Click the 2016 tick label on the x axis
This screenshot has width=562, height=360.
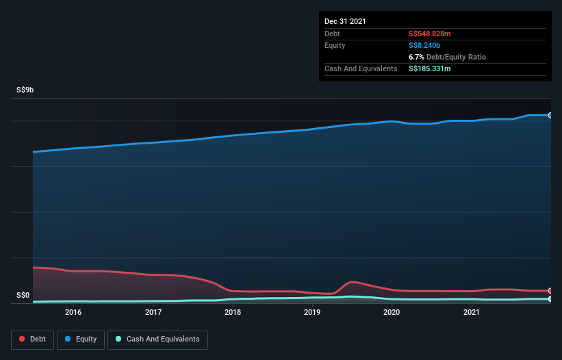click(x=73, y=313)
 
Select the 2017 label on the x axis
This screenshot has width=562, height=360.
click(x=153, y=313)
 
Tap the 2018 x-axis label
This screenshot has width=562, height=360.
click(x=233, y=313)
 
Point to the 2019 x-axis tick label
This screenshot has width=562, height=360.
click(x=312, y=313)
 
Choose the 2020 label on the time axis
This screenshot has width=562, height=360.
click(x=392, y=313)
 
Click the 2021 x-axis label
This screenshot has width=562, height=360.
click(x=471, y=313)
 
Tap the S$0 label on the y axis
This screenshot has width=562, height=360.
click(x=23, y=296)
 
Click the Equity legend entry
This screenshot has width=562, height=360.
click(x=81, y=339)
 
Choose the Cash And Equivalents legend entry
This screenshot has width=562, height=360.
click(x=157, y=339)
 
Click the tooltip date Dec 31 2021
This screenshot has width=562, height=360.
click(x=345, y=21)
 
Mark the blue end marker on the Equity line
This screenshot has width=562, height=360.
click(x=550, y=115)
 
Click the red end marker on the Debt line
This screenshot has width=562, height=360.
click(x=550, y=291)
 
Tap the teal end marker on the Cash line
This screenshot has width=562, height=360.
click(x=550, y=299)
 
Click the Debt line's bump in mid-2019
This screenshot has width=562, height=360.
click(x=352, y=281)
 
